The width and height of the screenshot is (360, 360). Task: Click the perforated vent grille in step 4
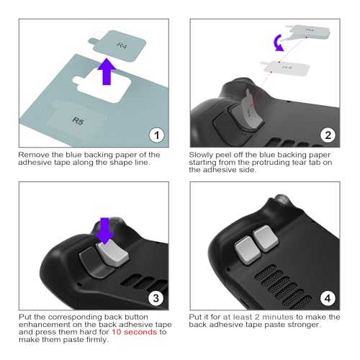[x=288, y=277]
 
